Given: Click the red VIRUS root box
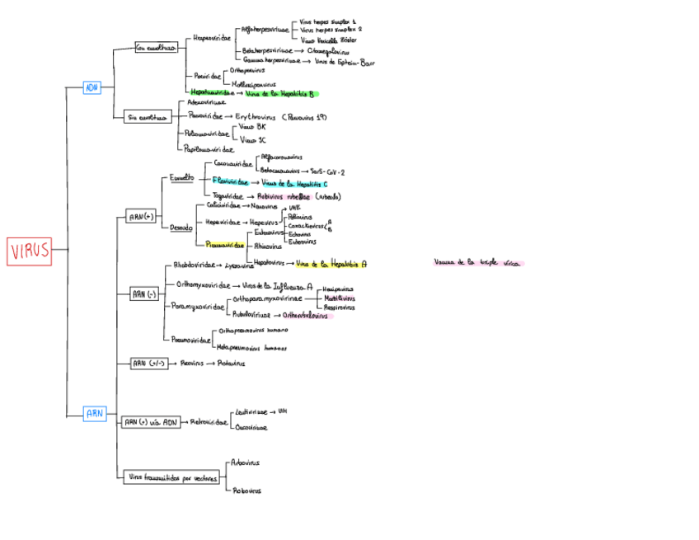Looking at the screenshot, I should (30, 251).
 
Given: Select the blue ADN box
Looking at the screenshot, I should (91, 87).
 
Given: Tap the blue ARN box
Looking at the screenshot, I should (95, 413).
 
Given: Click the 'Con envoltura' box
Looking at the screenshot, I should (156, 48).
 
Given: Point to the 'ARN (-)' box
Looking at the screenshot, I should (143, 293).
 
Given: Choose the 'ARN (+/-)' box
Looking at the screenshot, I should (148, 363).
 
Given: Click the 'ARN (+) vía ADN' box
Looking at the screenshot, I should (150, 422).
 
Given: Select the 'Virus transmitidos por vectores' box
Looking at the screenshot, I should (172, 477).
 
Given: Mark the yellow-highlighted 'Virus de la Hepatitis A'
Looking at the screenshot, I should (331, 265).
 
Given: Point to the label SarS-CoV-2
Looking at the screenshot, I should (326, 171).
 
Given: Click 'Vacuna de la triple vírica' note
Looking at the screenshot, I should (478, 263).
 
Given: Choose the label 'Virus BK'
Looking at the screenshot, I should (252, 127).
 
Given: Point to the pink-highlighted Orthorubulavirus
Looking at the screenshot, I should (305, 315).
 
